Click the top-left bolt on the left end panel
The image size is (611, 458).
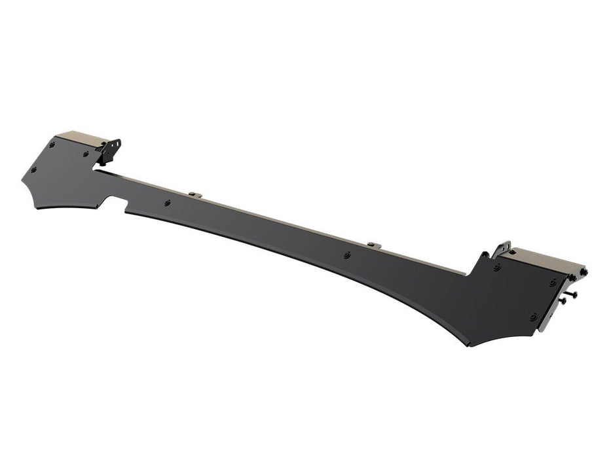pyautogui.click(x=52, y=145)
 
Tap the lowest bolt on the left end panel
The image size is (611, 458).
pyautogui.click(x=33, y=169)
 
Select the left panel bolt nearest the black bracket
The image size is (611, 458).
pyautogui.click(x=86, y=154)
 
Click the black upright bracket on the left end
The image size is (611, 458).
pyautogui.click(x=112, y=150)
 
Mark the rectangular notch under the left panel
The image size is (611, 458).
pyautogui.click(x=115, y=202)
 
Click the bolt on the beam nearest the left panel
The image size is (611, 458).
pyautogui.click(x=168, y=203)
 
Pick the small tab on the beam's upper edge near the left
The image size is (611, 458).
pyautogui.click(x=194, y=194)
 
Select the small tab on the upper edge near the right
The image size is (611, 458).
pyautogui.click(x=371, y=245)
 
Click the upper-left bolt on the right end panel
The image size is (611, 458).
pyautogui.click(x=497, y=267)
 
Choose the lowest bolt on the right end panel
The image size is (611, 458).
pyautogui.click(x=534, y=317)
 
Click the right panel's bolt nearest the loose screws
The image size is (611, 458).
pyautogui.click(x=553, y=282)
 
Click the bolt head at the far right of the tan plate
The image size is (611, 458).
pyautogui.click(x=585, y=272)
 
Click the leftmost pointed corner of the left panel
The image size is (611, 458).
pyautogui.click(x=22, y=180)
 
